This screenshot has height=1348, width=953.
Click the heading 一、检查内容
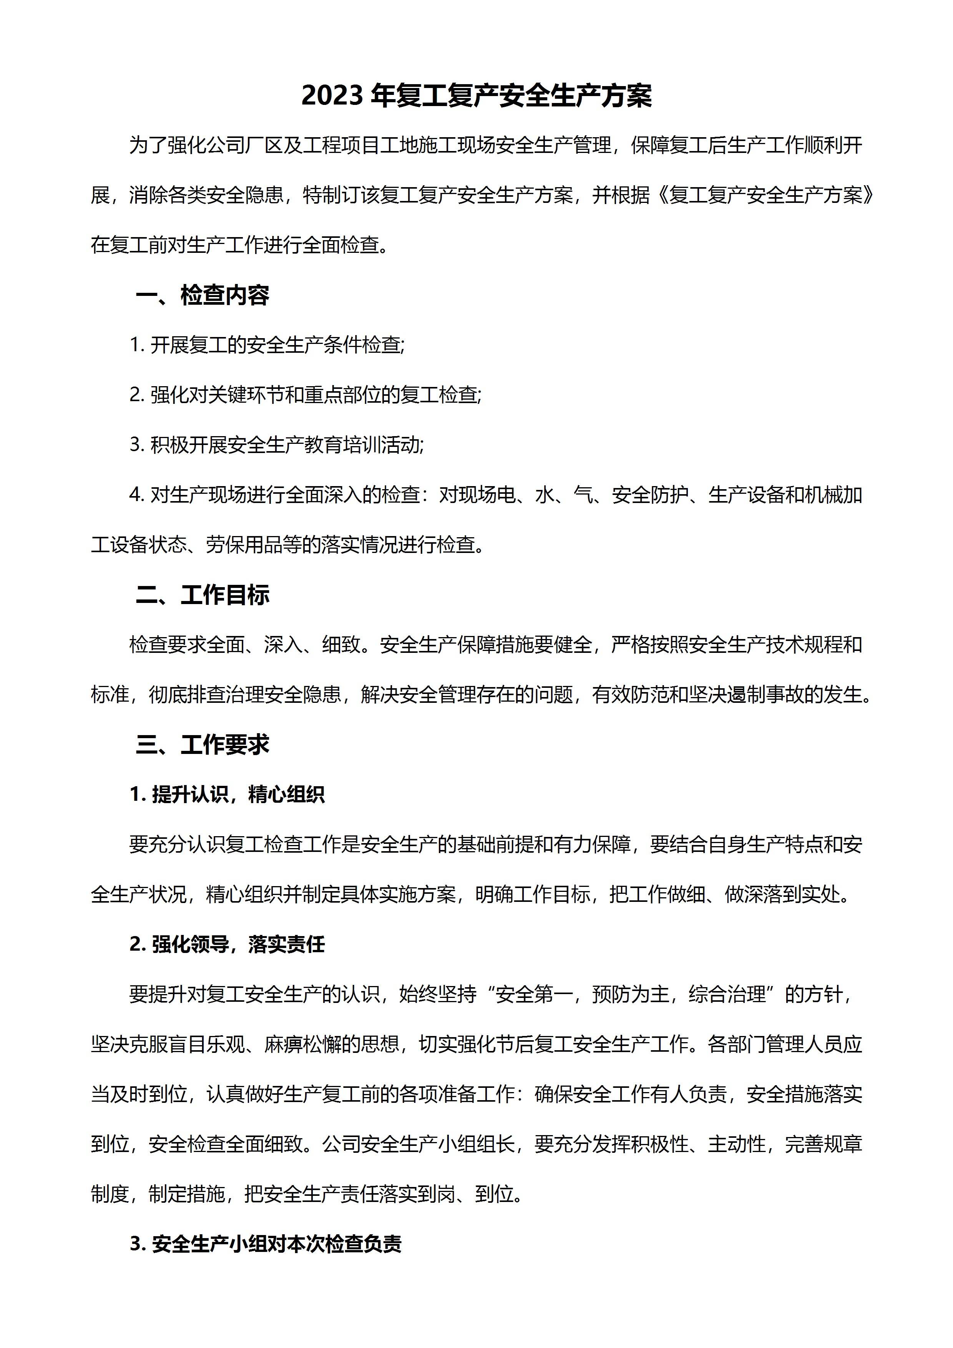coord(202,295)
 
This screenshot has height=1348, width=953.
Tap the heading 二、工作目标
coord(202,595)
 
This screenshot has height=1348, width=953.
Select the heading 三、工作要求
coord(202,744)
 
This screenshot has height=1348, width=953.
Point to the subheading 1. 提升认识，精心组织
coord(227,794)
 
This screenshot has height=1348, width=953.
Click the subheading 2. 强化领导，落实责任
coord(227,944)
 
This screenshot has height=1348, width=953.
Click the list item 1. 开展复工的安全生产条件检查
coord(267,345)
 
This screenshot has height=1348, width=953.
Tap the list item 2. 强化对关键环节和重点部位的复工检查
coord(305,395)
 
